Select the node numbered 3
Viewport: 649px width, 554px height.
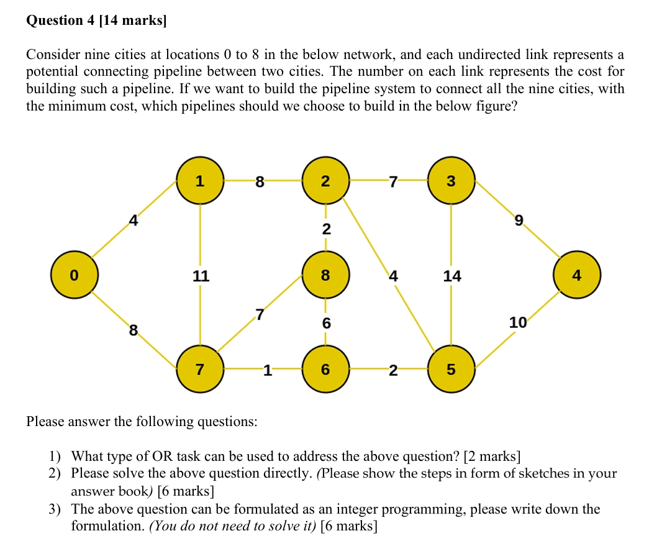point(451,181)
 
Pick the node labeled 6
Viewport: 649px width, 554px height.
point(325,370)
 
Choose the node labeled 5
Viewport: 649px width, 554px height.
point(451,370)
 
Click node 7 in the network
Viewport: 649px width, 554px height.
point(199,370)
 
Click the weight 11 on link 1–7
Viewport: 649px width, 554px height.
point(200,276)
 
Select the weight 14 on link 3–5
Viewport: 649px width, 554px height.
point(452,276)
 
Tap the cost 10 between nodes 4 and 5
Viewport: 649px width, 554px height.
point(517,322)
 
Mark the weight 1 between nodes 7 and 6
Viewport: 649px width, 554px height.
point(266,371)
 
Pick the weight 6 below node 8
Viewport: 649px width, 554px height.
point(326,323)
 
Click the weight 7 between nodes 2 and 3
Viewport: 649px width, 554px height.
point(391,181)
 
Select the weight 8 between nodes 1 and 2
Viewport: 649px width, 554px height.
point(260,182)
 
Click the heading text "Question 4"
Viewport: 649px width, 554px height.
point(60,20)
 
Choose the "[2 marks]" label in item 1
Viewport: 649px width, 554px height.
point(492,456)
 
